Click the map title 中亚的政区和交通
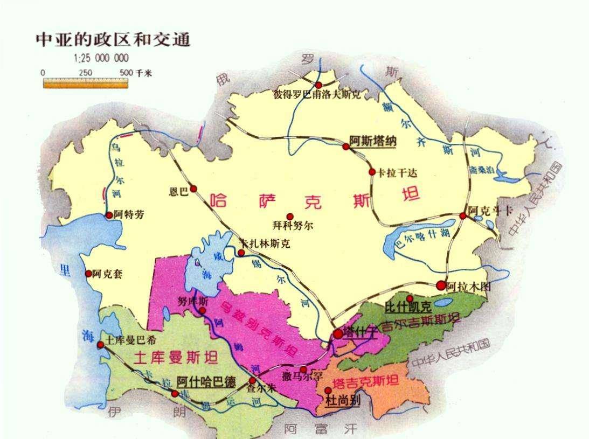click(x=113, y=40)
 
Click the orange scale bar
click(x=86, y=83)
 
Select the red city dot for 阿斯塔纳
click(x=346, y=146)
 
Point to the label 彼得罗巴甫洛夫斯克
click(x=317, y=95)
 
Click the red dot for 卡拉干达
click(x=372, y=172)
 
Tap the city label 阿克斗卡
click(x=490, y=211)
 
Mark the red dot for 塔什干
click(x=338, y=334)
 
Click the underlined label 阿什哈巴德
click(x=206, y=382)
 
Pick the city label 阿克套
click(x=107, y=274)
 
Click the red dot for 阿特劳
click(x=109, y=215)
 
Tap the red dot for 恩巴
click(x=193, y=189)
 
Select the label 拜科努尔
click(x=293, y=226)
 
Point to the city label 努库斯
click(x=192, y=302)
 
